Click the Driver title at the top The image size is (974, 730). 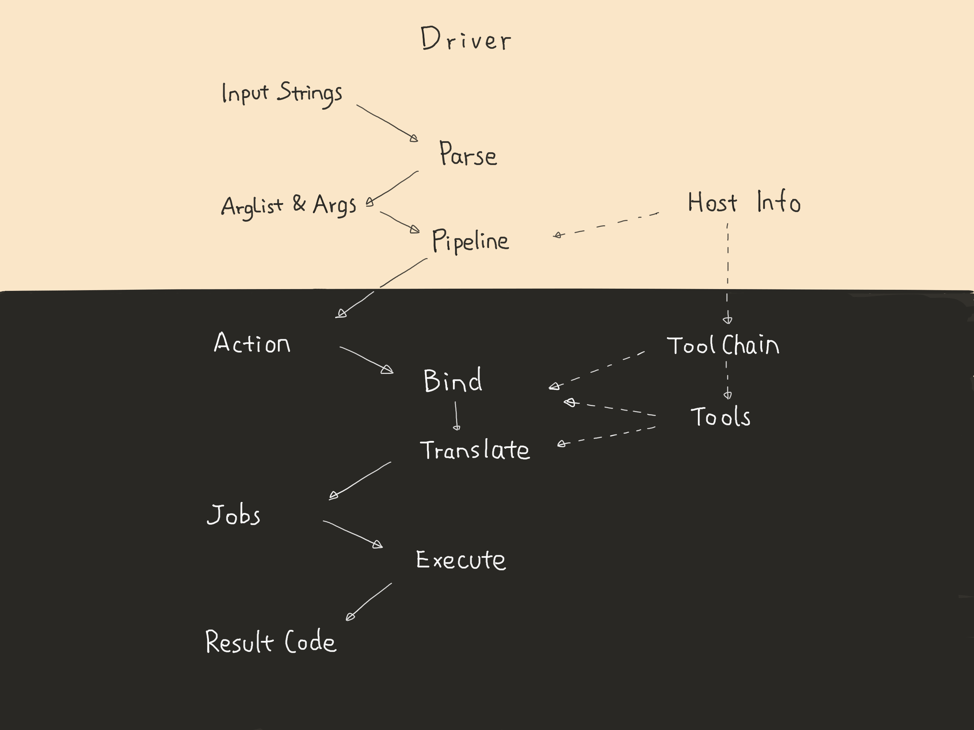(465, 39)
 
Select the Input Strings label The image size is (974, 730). (282, 93)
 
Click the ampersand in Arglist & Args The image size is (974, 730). (299, 204)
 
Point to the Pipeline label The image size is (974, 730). (470, 241)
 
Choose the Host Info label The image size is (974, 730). (744, 202)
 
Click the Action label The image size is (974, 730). (252, 343)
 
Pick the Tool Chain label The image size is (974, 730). (723, 345)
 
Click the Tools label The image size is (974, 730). (721, 417)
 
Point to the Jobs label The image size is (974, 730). (234, 515)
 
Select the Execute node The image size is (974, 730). (461, 560)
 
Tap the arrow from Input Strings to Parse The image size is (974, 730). (386, 123)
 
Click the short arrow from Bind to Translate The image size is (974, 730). (456, 416)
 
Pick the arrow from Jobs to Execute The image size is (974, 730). (352, 534)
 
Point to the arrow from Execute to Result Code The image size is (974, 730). (369, 601)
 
